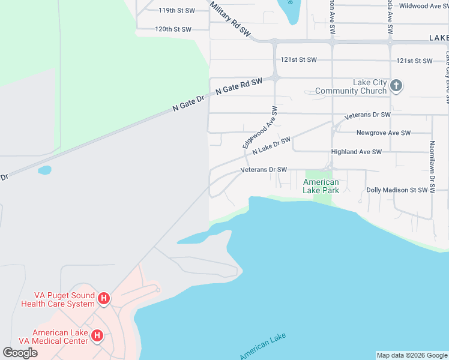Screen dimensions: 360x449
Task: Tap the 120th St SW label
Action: coord(173,29)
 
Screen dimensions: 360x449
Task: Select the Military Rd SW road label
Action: coord(231,19)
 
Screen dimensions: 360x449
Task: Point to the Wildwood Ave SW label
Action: coord(424,6)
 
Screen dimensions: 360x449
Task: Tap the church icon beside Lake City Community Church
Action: coord(396,86)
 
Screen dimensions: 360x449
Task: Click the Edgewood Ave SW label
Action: coord(260,127)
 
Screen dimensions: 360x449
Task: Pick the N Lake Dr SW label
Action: coord(271,145)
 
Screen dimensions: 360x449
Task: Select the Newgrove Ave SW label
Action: coord(383,133)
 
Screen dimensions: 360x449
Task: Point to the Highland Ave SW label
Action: coord(357,152)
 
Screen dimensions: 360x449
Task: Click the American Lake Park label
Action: coord(321,186)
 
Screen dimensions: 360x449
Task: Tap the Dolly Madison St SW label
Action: coord(397,190)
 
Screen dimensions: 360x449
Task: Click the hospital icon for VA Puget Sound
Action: coord(104,298)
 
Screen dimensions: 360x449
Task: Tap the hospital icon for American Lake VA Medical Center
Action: coord(97,337)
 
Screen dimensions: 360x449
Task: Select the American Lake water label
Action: coord(263,346)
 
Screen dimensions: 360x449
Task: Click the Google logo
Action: coord(20,352)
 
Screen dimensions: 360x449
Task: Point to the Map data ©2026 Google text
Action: coord(412,355)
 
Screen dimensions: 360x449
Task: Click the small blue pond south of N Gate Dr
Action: coord(44,170)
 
